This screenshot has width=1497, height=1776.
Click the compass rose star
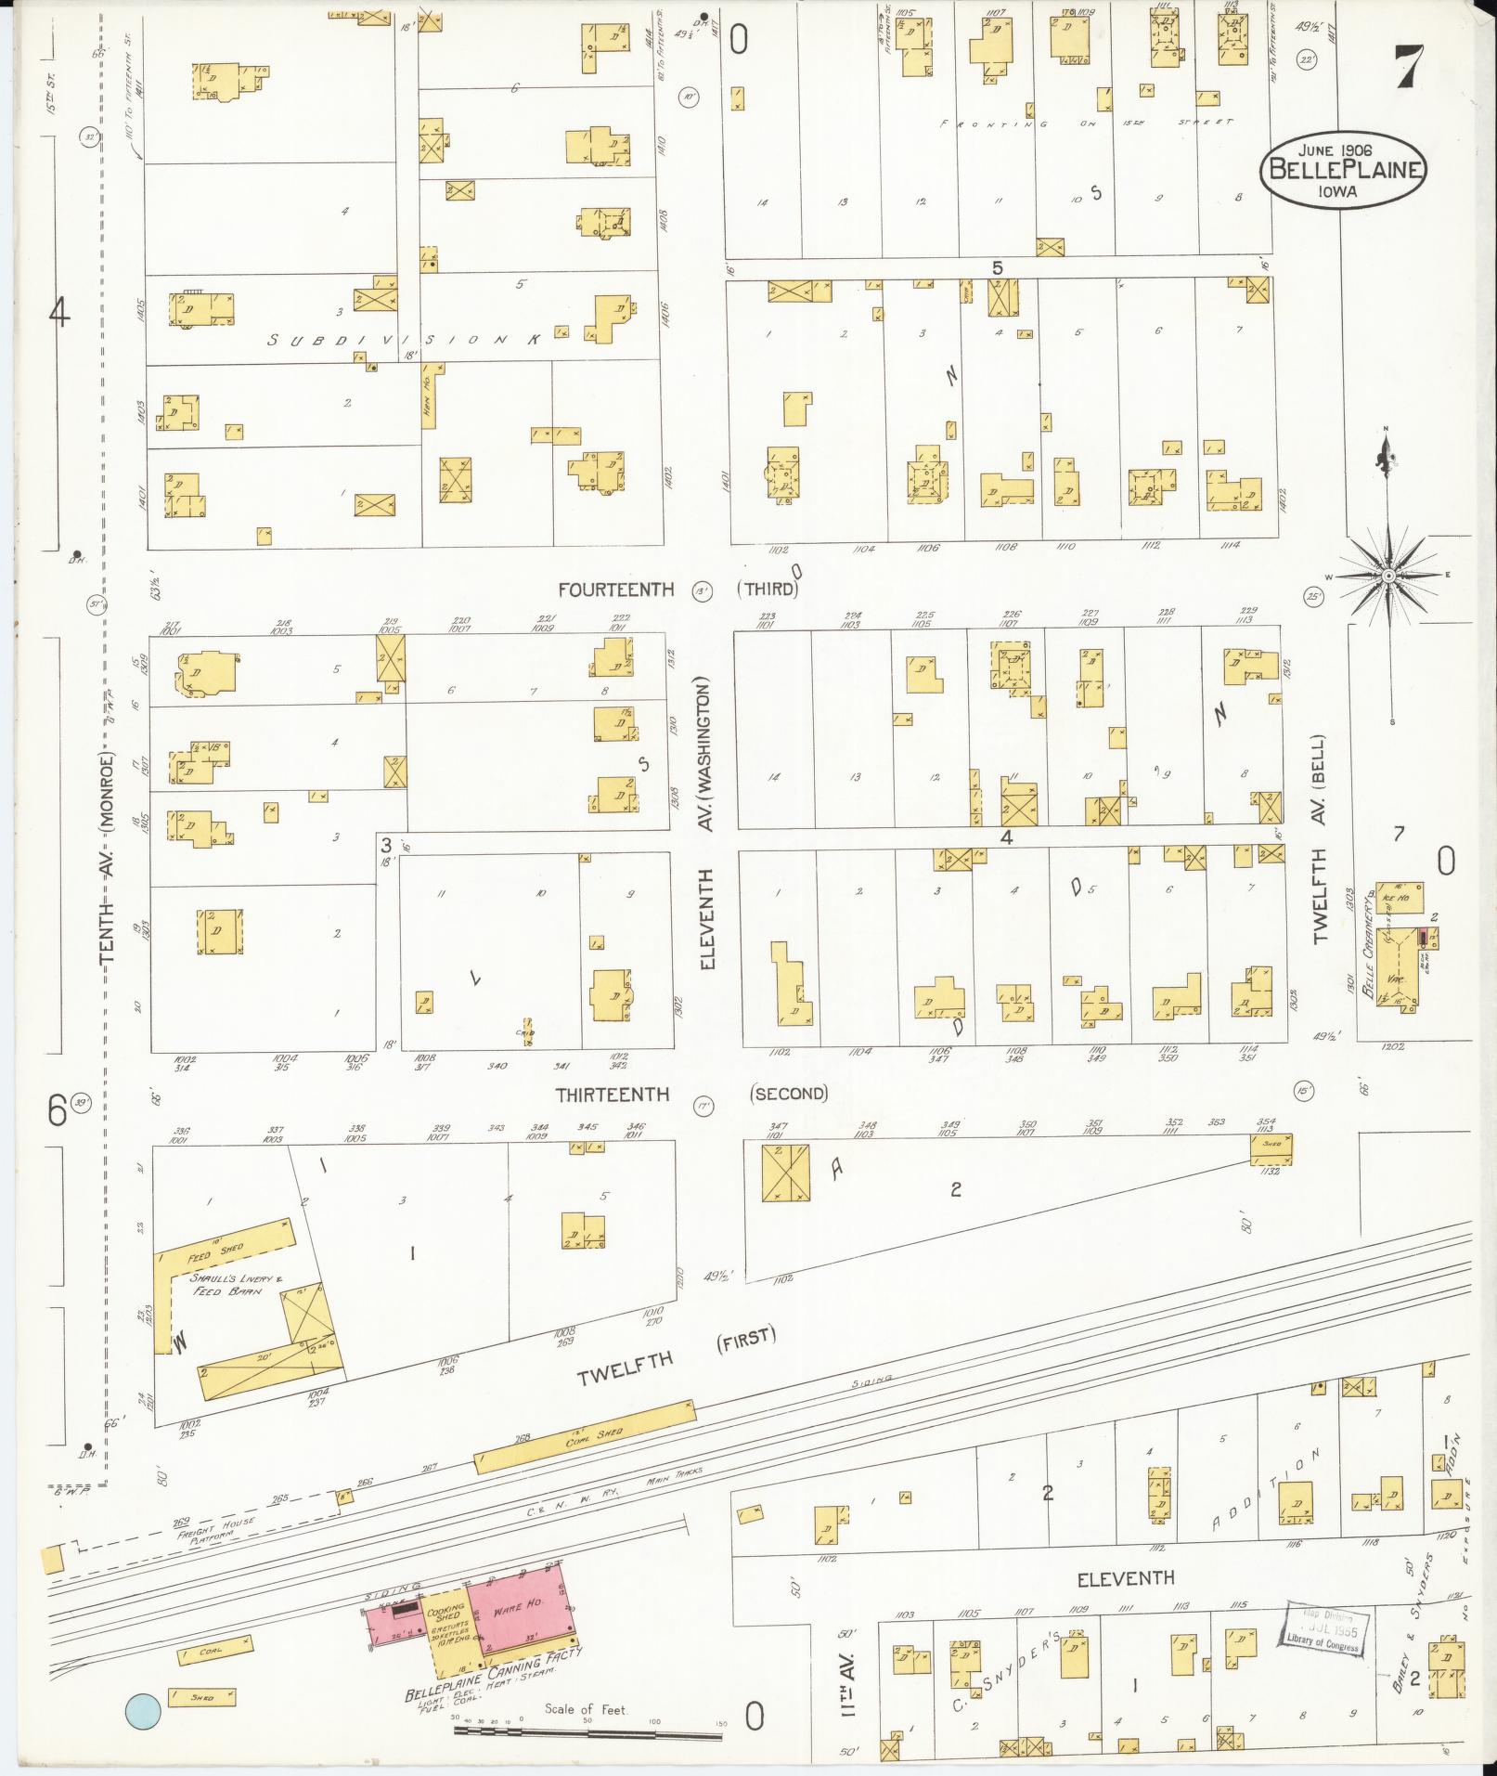coord(1387,576)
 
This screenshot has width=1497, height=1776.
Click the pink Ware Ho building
coord(521,1608)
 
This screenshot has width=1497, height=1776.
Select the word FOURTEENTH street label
coord(616,590)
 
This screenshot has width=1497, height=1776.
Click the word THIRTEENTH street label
coord(613,1095)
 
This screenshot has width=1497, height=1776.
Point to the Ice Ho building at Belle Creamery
coord(1400,898)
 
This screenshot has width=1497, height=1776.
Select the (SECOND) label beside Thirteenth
coord(788,1094)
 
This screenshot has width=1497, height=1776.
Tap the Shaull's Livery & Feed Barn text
coord(228,1284)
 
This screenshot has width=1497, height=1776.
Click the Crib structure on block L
coord(527,1031)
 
